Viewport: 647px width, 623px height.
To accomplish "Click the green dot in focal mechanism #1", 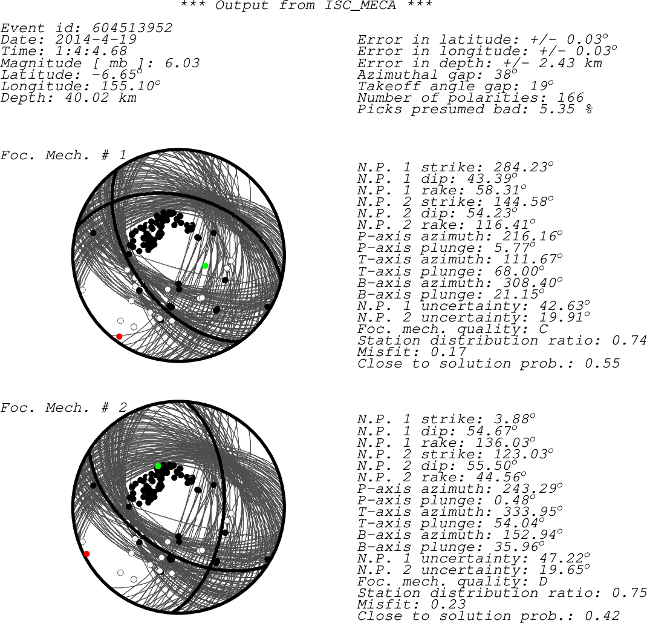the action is click(x=205, y=266).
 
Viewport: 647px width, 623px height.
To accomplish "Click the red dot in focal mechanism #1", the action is click(x=119, y=337).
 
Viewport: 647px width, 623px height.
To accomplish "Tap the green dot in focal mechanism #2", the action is click(x=158, y=466).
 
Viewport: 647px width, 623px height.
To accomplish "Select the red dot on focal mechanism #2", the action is click(x=86, y=554).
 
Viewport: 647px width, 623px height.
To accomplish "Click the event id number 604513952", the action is click(x=132, y=28).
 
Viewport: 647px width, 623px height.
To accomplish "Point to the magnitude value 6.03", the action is click(x=182, y=63).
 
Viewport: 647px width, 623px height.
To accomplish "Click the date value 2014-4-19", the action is click(x=96, y=39).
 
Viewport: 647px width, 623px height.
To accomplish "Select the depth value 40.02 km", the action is click(x=100, y=97).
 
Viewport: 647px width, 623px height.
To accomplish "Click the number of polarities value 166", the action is click(x=571, y=97).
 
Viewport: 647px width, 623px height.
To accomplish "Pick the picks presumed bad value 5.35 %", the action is click(x=566, y=109).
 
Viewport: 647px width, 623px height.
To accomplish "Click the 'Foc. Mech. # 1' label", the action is click(x=63, y=156).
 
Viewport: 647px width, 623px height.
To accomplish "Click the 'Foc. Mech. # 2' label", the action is click(x=63, y=407).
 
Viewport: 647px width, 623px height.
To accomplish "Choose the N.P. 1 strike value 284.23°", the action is click(x=523, y=167).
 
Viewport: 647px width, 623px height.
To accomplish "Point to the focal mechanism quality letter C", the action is click(x=544, y=329).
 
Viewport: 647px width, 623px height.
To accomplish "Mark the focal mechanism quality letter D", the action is click(x=544, y=582).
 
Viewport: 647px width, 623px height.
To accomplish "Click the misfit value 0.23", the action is click(x=448, y=604).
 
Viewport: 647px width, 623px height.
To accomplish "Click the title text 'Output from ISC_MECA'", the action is click(x=306, y=5).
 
